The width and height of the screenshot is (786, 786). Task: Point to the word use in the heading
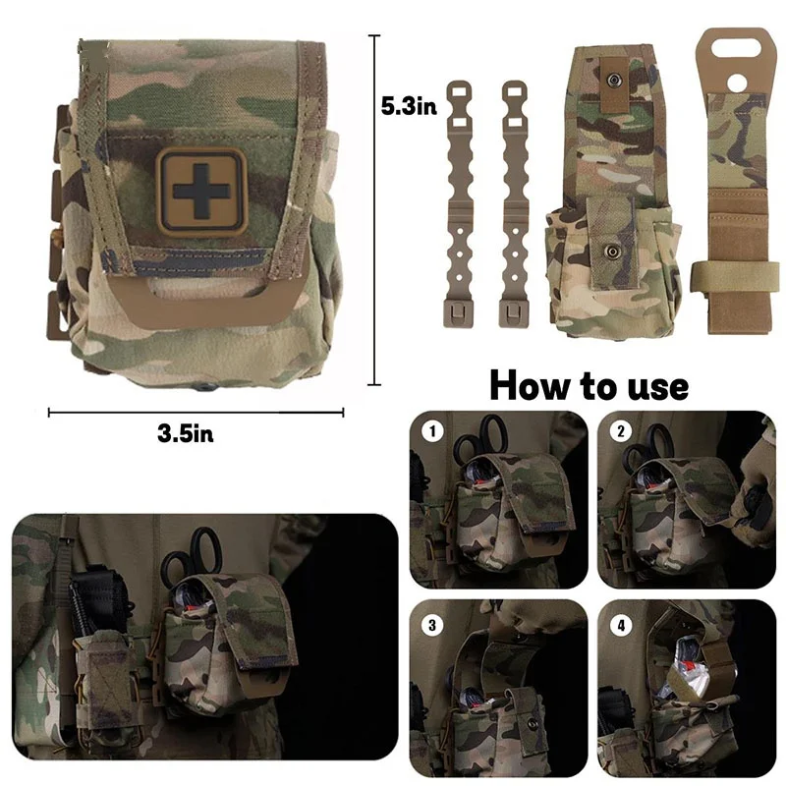649,385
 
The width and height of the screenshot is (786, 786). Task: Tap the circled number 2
620,430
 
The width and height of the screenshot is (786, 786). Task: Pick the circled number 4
620,623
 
